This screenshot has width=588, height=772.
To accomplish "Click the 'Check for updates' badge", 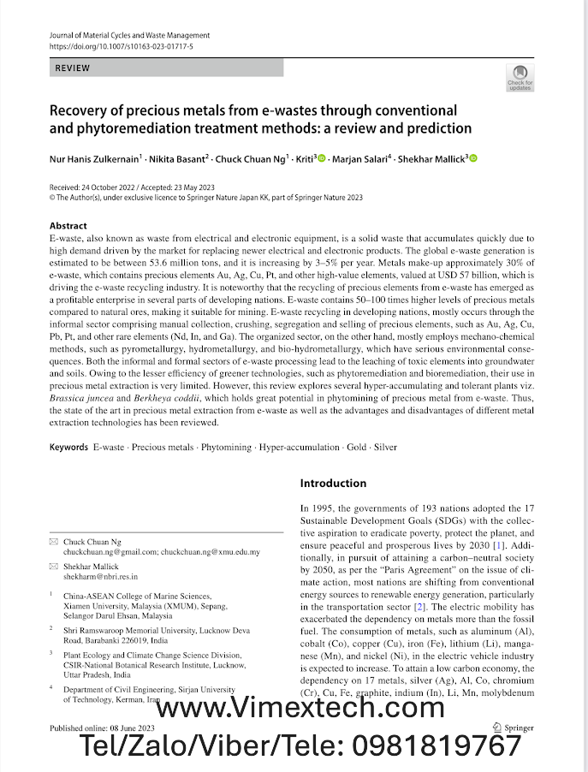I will (520, 78).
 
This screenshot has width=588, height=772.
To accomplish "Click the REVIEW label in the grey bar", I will (73, 67).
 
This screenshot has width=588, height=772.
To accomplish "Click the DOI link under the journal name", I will (122, 45).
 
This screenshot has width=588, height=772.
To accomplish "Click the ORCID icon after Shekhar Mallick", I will (473, 158).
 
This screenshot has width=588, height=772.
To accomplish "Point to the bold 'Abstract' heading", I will (68, 226).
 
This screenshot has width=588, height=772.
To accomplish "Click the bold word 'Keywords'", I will (68, 447).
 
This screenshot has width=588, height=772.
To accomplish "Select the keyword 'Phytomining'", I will (226, 447).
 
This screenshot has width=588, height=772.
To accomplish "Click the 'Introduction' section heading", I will (333, 484).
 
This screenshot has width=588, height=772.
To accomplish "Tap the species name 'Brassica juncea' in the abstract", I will (81, 399).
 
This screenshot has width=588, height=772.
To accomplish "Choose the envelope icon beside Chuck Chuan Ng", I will (54, 542).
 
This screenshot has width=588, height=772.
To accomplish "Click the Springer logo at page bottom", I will (513, 727).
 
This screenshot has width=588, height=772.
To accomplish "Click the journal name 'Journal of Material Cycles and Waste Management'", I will (129, 35).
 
